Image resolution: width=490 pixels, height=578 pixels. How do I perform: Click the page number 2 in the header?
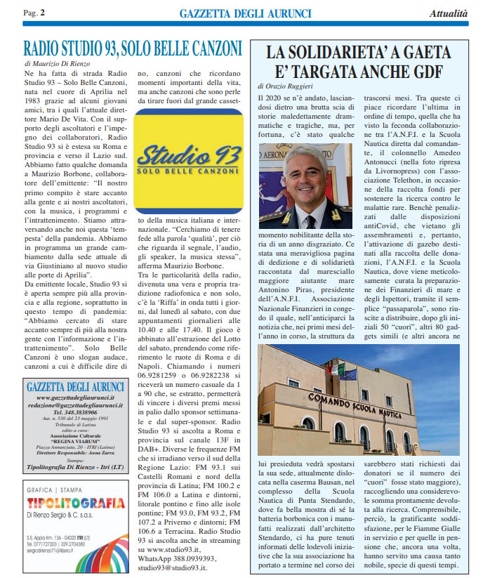(x=42, y=13)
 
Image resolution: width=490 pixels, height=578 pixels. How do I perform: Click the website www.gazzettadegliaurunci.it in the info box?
(x=67, y=398)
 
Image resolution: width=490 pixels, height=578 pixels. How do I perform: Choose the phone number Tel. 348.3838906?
(x=67, y=413)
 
